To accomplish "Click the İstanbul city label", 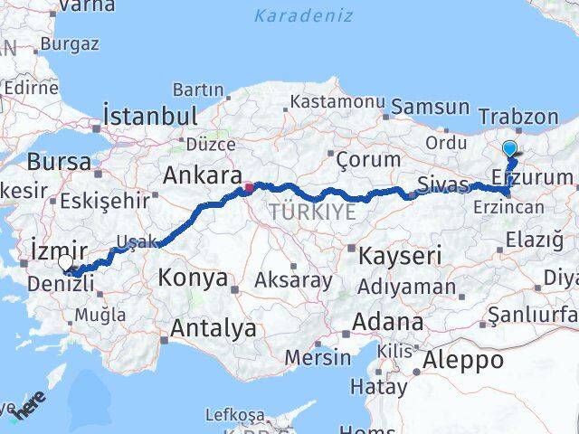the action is [x=150, y=116].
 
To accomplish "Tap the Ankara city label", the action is [x=202, y=175].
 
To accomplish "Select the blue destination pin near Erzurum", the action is [x=509, y=149].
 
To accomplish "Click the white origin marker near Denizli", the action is [x=65, y=263].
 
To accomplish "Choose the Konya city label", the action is [x=193, y=278].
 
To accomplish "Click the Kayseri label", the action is [x=399, y=256].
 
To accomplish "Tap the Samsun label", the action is [x=431, y=108].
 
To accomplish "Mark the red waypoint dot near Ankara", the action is [x=248, y=189].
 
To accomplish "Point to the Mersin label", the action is [x=318, y=357].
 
